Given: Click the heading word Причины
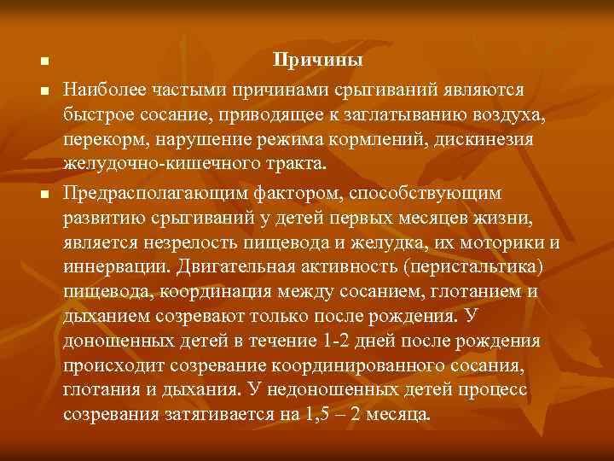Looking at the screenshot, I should [x=317, y=61].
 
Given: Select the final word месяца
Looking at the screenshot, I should [x=401, y=415].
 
